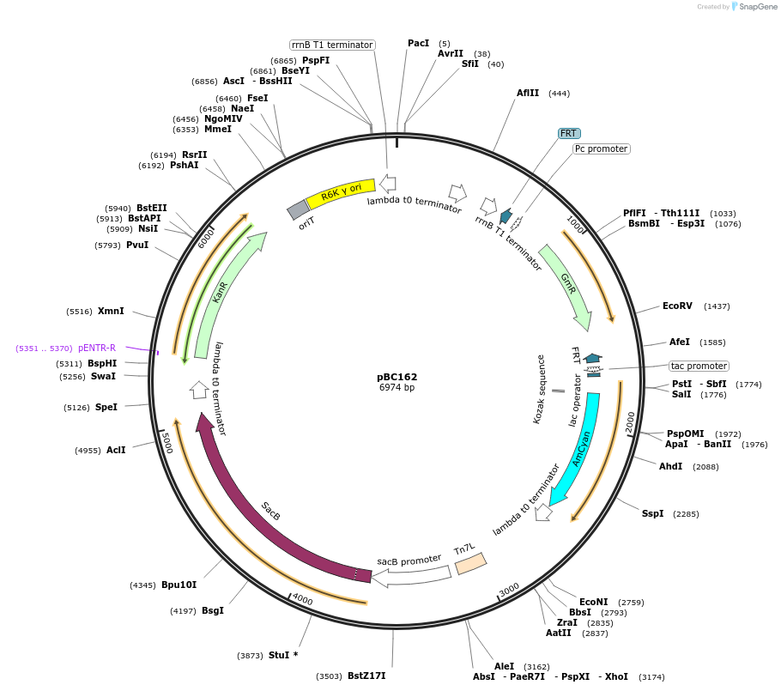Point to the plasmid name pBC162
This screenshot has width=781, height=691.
[397, 377]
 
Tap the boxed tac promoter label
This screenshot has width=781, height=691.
[699, 366]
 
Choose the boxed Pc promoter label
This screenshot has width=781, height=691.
[602, 149]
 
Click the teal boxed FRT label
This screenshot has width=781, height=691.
[569, 133]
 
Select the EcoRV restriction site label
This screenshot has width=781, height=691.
[677, 306]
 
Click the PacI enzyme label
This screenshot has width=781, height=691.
[418, 43]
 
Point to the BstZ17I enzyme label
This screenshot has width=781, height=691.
[366, 676]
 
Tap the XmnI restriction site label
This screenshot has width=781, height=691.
[111, 311]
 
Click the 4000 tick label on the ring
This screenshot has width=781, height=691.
[302, 598]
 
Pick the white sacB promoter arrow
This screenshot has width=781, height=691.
[412, 573]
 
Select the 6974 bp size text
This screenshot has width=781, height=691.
[397, 388]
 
